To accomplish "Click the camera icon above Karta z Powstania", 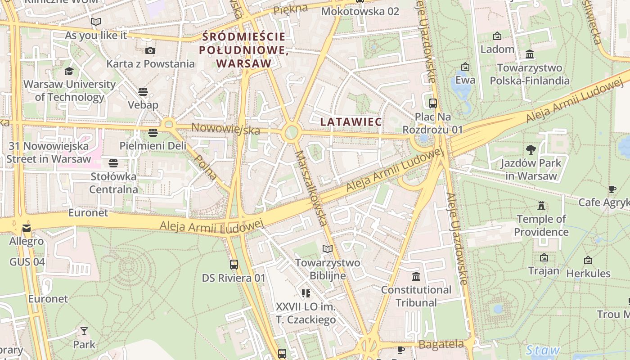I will pyautogui.click(x=150, y=50).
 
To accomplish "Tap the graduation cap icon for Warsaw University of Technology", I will pyautogui.click(x=69, y=71).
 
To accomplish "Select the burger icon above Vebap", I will pyautogui.click(x=143, y=92).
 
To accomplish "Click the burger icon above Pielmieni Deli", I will pyautogui.click(x=153, y=133).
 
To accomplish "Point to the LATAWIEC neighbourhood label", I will pyautogui.click(x=351, y=122).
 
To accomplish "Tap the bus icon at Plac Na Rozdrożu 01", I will pyautogui.click(x=432, y=103).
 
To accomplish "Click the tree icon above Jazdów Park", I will pyautogui.click(x=531, y=149).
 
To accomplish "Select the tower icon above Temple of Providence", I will pyautogui.click(x=541, y=206).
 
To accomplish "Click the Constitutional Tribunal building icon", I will pyautogui.click(x=416, y=276).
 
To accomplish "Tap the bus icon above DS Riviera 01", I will pyautogui.click(x=234, y=265).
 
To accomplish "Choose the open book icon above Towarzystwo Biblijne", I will pyautogui.click(x=327, y=249).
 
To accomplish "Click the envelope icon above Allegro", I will pyautogui.click(x=27, y=228).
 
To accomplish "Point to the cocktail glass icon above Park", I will pyautogui.click(x=84, y=332).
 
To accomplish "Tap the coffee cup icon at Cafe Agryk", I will pyautogui.click(x=612, y=189).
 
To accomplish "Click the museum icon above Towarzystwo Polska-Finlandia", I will pyautogui.click(x=530, y=54).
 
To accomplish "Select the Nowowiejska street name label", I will pyautogui.click(x=226, y=129).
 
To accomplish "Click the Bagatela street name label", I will pyautogui.click(x=441, y=345).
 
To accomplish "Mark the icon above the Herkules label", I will pyautogui.click(x=588, y=260).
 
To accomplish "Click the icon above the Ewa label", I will pyautogui.click(x=465, y=67).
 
